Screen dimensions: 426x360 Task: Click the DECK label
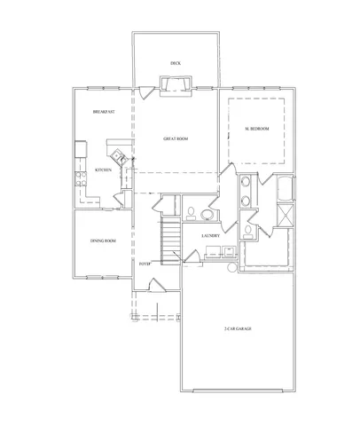tap(176, 62)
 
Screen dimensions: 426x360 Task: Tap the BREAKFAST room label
tap(105, 112)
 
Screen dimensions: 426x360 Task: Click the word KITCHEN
tap(103, 170)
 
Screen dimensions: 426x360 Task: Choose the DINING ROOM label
tap(103, 241)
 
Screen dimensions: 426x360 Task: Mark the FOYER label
tap(144, 264)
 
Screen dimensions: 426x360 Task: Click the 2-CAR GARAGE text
tap(238, 329)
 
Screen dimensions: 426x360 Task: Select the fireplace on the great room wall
tap(174, 84)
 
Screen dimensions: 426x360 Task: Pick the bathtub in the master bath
tap(285, 190)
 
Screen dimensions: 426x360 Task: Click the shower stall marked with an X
tap(285, 216)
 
